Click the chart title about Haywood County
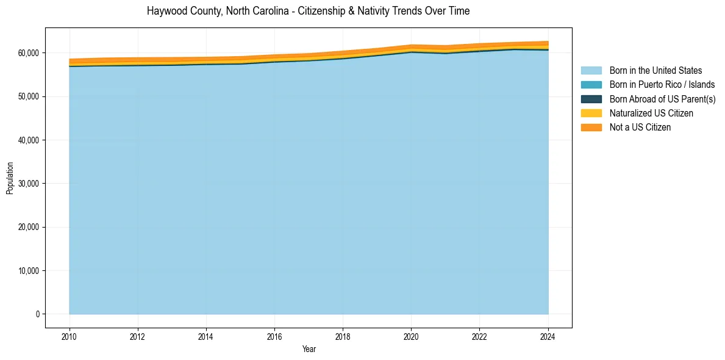(x=308, y=11)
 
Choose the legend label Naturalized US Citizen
(x=651, y=113)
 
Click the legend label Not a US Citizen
(x=640, y=128)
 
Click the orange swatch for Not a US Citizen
(x=591, y=128)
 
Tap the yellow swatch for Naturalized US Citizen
(x=591, y=113)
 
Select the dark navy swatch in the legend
(x=591, y=99)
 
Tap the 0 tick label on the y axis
(x=37, y=314)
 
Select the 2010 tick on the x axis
(x=70, y=336)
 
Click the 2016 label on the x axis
(x=274, y=336)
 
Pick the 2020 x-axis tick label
(x=411, y=336)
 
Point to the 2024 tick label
(x=548, y=336)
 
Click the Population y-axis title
(x=10, y=178)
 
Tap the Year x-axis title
(x=309, y=349)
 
